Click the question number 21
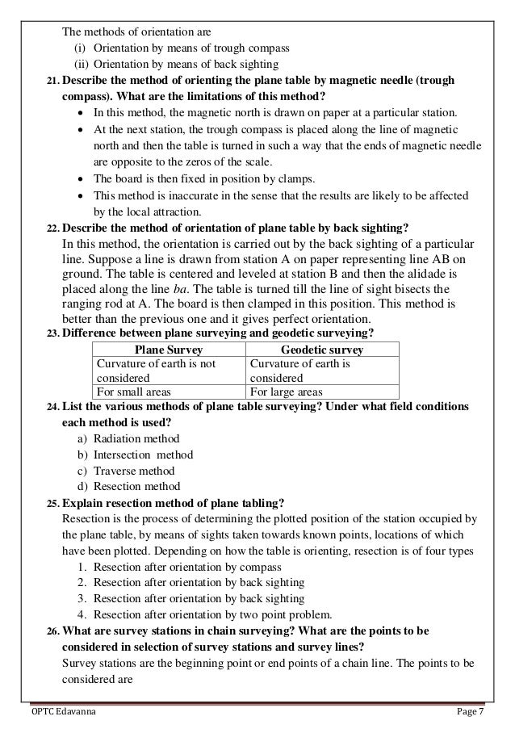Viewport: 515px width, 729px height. pos(51,82)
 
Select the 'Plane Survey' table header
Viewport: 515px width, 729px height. pos(166,350)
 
